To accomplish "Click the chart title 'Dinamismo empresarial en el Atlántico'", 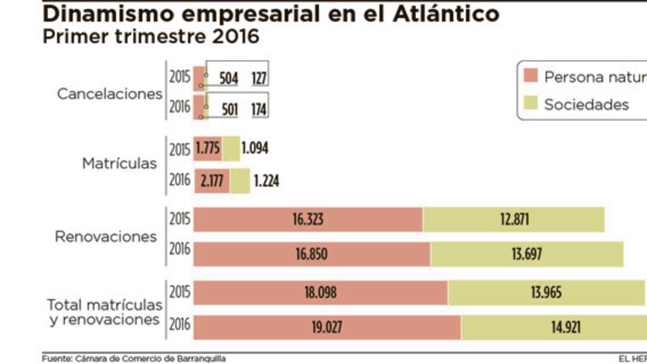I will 271,14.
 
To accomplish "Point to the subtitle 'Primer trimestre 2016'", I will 151,37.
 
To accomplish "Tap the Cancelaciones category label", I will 110,94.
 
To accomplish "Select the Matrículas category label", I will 120,163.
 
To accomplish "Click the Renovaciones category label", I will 106,237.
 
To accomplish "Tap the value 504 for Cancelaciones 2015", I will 229,79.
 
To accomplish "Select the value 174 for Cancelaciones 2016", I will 259,110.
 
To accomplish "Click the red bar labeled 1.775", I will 208,148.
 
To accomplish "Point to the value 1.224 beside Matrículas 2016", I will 266,181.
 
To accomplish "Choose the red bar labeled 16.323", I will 308,220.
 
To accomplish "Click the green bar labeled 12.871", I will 513,220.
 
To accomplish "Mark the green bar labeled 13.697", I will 527,254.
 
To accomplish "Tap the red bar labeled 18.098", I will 320,293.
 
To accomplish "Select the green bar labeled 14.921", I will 553,327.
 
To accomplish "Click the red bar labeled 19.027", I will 327,327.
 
